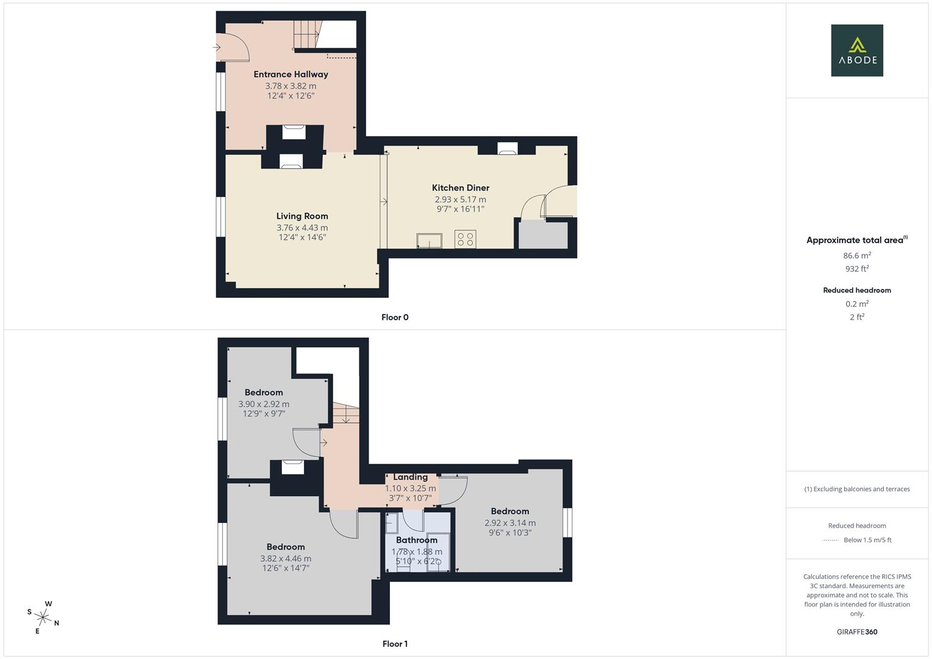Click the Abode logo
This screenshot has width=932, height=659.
[x=857, y=51]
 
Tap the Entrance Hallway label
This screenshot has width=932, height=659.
[x=291, y=74]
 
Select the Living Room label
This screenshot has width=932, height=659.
[x=302, y=216]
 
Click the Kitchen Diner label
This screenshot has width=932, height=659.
[x=460, y=188]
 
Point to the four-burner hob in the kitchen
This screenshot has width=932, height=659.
[x=465, y=239]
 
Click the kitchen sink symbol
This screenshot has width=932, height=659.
[x=430, y=240]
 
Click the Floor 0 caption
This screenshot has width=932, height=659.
[x=395, y=317]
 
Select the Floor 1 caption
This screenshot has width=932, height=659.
[x=395, y=644]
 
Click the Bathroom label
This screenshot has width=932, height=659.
[x=416, y=540]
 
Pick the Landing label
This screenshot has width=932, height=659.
[x=410, y=477]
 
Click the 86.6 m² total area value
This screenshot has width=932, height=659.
[x=857, y=256]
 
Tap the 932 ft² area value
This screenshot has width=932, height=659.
[x=857, y=269]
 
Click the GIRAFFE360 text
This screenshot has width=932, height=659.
[x=857, y=632]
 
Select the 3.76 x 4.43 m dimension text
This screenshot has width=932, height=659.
[x=302, y=228]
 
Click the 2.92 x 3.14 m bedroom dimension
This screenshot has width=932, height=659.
[x=510, y=523]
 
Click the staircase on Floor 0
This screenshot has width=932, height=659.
[x=307, y=34]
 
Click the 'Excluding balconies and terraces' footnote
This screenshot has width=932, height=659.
[x=857, y=489]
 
